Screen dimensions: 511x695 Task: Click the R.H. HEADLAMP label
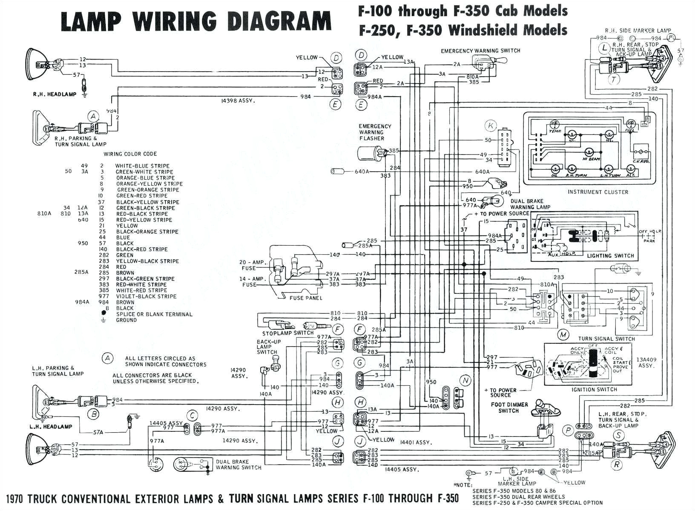click(x=55, y=94)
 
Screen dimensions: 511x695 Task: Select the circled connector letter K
click(x=491, y=125)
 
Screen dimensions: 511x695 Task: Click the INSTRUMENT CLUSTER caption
click(x=597, y=192)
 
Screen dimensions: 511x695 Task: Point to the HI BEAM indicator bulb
click(x=590, y=153)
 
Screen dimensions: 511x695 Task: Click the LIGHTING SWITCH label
click(x=610, y=256)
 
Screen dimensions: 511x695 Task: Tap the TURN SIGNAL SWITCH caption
click(x=606, y=339)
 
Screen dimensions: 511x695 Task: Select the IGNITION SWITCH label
click(x=595, y=390)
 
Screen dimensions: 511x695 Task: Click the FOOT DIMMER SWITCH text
click(x=509, y=408)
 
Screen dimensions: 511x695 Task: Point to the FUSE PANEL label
click(x=306, y=298)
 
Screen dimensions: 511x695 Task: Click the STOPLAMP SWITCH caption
click(x=288, y=333)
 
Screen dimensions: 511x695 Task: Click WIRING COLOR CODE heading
click(x=130, y=154)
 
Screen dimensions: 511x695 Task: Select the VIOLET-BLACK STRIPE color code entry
click(x=146, y=296)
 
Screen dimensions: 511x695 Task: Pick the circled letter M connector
click(x=563, y=335)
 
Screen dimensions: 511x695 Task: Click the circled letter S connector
click(x=618, y=435)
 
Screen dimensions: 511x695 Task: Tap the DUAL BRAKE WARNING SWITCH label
click(x=238, y=465)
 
